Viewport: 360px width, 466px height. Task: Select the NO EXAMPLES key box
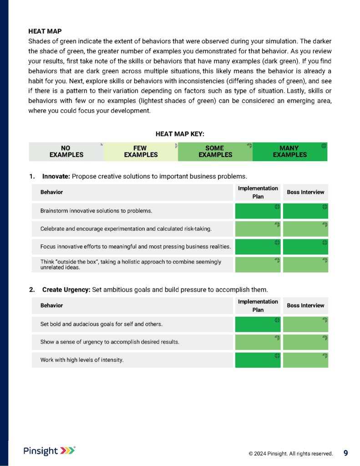[x=66, y=152]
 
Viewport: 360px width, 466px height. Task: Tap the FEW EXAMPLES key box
[x=141, y=152]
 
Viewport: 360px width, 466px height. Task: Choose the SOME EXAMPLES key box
[x=215, y=152]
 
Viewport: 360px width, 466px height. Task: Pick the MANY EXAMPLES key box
[x=290, y=152]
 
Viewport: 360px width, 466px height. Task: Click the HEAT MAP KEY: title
[x=180, y=134]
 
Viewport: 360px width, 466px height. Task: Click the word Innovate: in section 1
[x=56, y=176]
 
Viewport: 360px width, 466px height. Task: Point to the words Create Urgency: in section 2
[x=66, y=289]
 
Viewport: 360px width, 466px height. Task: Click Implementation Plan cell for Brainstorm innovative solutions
[x=258, y=211]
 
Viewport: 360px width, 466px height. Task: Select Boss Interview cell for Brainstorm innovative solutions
[x=305, y=211]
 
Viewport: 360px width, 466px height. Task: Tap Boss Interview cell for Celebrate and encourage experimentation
[x=305, y=228]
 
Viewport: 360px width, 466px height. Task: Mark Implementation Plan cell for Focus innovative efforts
[x=258, y=247]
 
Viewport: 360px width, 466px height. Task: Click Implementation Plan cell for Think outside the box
[x=258, y=264]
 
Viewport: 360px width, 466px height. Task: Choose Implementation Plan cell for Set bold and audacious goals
[x=258, y=324]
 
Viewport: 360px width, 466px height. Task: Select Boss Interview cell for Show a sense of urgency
[x=305, y=342]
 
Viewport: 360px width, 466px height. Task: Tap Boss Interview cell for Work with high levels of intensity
[x=305, y=360]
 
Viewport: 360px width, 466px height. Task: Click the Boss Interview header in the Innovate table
[x=305, y=192]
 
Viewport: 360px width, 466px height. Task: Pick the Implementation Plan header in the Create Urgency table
[x=258, y=305]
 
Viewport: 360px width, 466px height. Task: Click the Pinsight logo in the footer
[x=49, y=451]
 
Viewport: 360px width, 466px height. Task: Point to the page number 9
[x=345, y=453]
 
